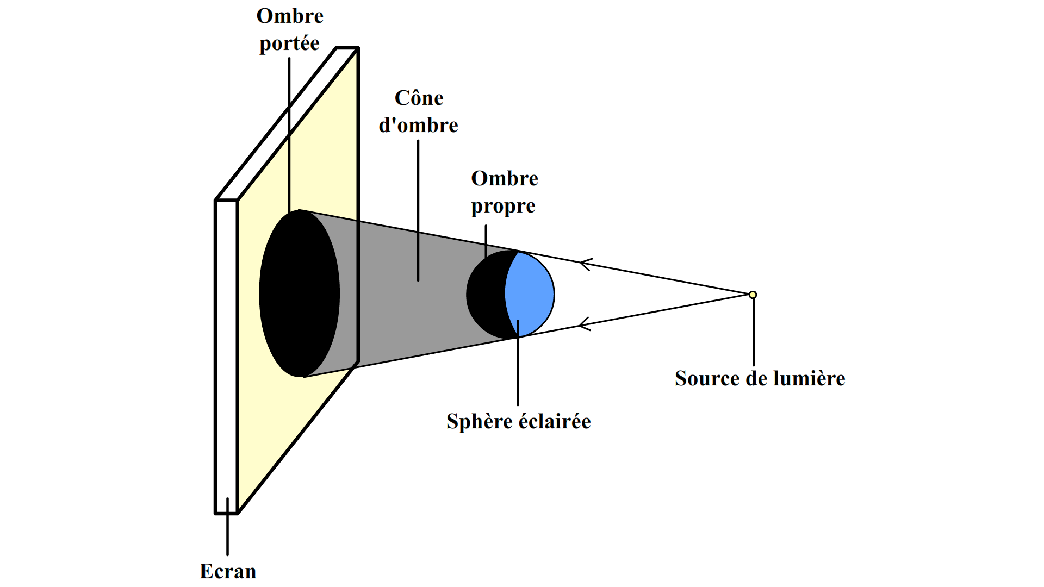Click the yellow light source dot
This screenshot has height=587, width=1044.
[753, 295]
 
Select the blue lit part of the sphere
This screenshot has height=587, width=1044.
[530, 293]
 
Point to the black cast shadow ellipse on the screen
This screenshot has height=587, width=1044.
[299, 293]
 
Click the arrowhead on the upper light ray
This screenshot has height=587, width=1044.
[585, 264]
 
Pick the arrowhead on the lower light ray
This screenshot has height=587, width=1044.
[585, 324]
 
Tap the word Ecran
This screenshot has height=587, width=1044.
[228, 571]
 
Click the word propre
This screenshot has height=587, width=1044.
[503, 207]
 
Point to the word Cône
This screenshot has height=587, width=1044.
[419, 98]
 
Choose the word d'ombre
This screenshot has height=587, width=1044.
[418, 126]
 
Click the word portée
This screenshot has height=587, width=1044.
[289, 43]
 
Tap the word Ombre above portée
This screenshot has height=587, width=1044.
[290, 16]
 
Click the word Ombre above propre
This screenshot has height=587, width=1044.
[505, 178]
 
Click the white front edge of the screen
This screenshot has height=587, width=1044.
[226, 353]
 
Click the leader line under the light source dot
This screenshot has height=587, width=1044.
[754, 332]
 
